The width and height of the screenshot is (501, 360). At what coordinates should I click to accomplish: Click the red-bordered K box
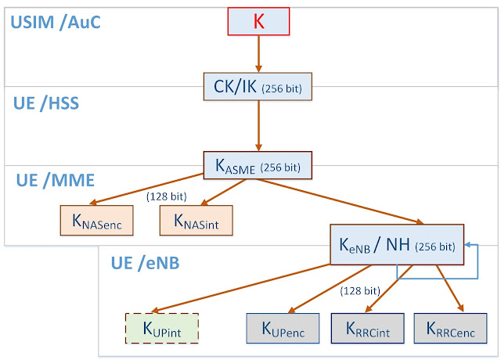[x=258, y=21]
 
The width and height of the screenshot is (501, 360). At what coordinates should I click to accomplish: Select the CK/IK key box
[x=258, y=87]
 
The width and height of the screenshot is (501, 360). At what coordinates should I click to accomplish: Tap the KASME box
[x=258, y=165]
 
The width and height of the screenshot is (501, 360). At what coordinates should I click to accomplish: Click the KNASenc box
[x=97, y=221]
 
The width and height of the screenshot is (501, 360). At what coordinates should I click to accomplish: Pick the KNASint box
[x=196, y=221]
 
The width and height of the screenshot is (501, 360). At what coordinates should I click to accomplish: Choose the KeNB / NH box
[x=397, y=245]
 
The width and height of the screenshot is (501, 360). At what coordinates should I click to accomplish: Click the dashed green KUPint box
[x=162, y=329]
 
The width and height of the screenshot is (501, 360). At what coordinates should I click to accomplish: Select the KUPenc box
[x=283, y=329]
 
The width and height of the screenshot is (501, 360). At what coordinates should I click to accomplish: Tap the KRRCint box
[x=367, y=329]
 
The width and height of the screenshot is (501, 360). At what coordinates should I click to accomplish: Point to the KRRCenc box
[x=451, y=329]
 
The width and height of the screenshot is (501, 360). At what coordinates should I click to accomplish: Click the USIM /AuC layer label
[x=56, y=22]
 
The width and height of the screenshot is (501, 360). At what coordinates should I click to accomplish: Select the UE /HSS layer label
[x=46, y=103]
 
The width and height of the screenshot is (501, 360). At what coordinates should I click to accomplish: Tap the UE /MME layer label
[x=56, y=180]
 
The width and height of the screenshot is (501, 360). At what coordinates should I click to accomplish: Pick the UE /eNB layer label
[x=145, y=263]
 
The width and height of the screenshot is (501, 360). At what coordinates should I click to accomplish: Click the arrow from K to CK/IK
[x=258, y=54]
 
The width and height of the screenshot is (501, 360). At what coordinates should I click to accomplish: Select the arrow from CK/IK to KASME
[x=258, y=126]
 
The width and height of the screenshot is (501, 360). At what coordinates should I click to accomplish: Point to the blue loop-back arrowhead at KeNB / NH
[x=467, y=245]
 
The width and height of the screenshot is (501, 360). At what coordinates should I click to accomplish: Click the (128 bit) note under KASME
[x=167, y=196]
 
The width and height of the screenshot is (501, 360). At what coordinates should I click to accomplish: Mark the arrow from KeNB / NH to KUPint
[x=241, y=287]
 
